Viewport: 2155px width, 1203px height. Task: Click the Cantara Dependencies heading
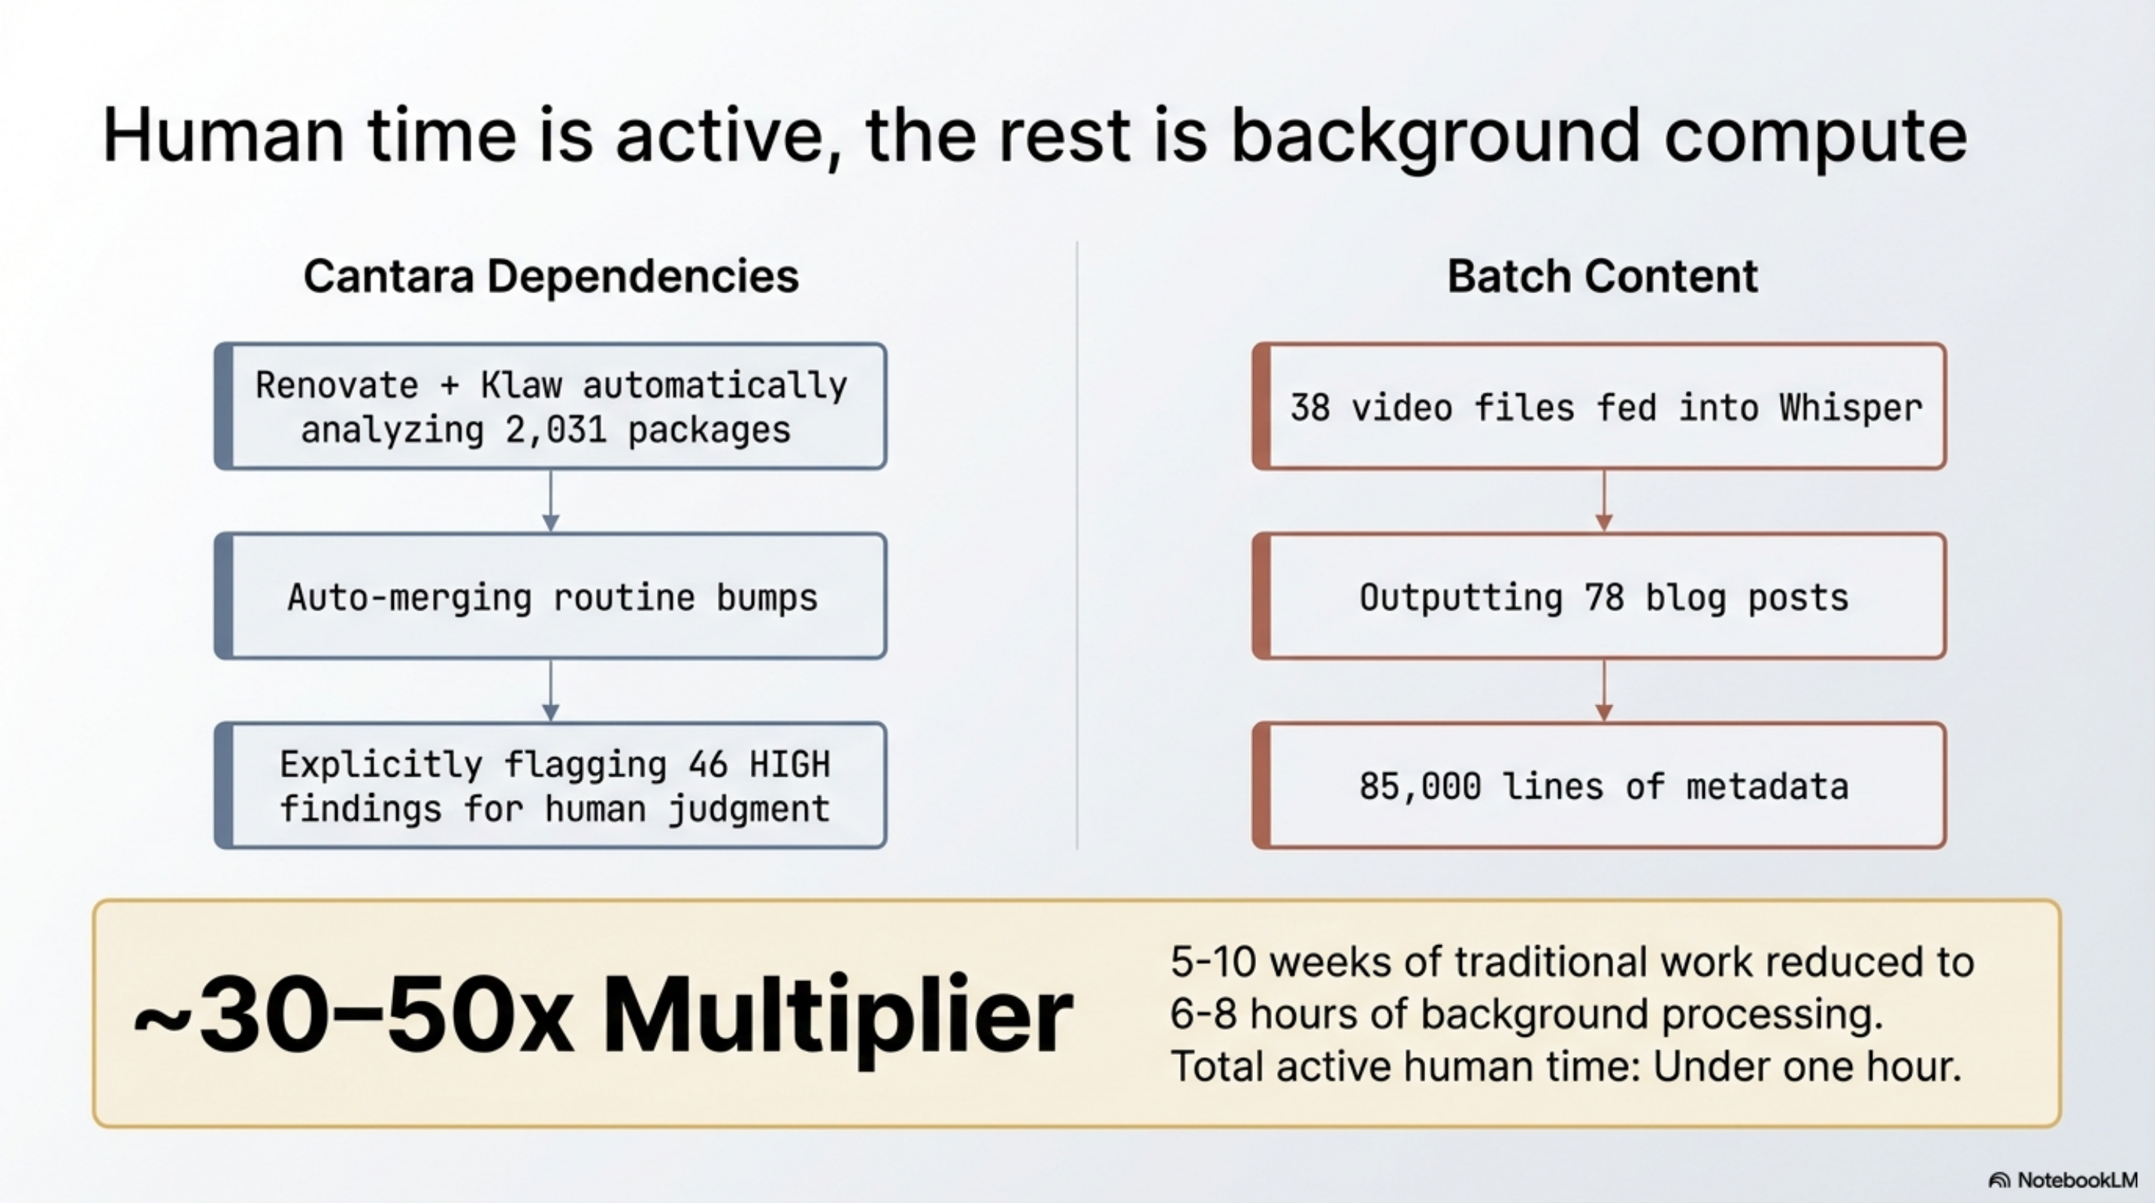550,276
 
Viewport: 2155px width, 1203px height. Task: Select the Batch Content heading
1602,276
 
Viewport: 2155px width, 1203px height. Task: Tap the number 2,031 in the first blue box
555,431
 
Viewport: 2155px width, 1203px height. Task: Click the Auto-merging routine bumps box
550,596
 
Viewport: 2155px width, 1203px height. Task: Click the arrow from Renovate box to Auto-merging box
550,500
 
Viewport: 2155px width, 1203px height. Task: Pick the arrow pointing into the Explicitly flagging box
550,691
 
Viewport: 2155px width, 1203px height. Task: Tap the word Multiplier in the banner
837,1015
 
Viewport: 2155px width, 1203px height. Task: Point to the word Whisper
1850,408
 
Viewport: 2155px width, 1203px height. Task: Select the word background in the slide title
1435,136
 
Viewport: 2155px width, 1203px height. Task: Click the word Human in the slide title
222,136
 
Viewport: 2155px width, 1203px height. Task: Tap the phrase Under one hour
1807,1067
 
